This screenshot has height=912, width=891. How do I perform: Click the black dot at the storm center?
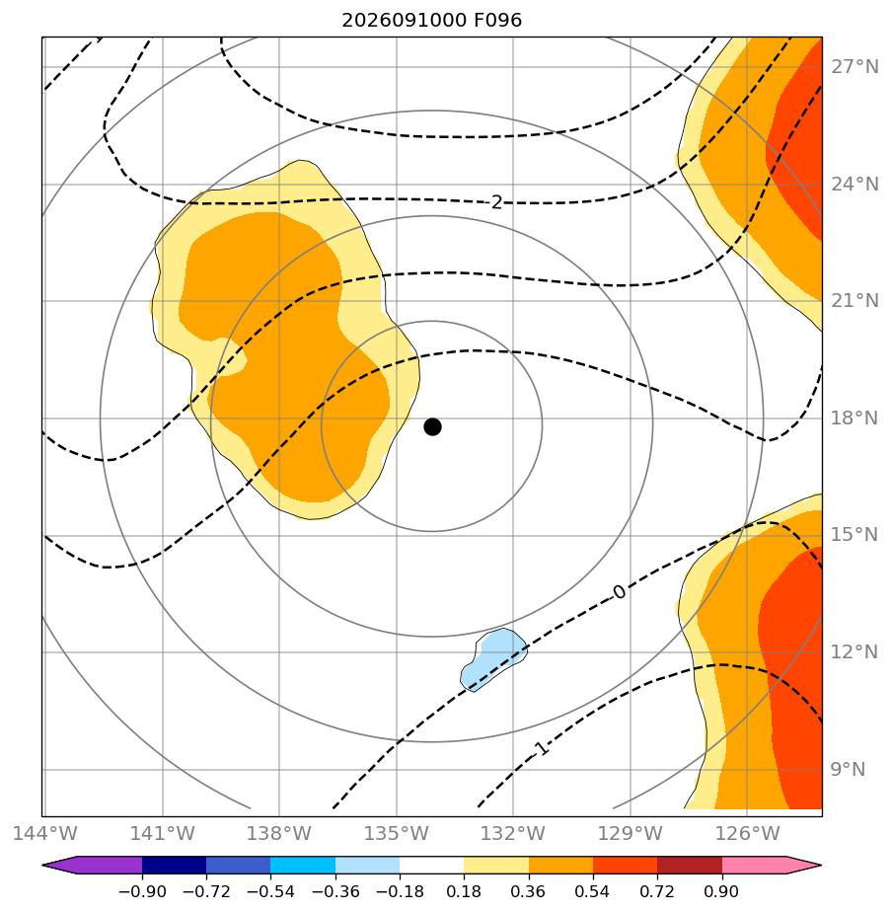(x=432, y=426)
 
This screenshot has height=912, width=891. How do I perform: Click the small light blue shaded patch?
(x=493, y=659)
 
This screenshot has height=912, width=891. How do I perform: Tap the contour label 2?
(x=496, y=202)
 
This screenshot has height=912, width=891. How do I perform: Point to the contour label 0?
(x=620, y=592)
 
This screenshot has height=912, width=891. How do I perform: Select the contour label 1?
(x=541, y=748)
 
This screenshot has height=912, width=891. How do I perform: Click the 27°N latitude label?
(x=854, y=67)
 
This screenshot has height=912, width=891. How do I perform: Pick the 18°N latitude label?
(x=854, y=418)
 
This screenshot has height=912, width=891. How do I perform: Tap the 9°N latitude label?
(x=848, y=769)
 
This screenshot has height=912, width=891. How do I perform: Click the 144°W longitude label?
(x=44, y=833)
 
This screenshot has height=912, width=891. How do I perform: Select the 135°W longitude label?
(x=396, y=833)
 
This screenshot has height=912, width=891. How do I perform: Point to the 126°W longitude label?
(x=747, y=833)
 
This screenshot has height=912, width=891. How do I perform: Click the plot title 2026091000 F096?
(x=431, y=21)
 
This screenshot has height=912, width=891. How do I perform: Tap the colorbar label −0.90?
(x=142, y=891)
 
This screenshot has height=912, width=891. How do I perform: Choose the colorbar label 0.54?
(x=593, y=891)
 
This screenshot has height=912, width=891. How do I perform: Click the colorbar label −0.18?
(x=400, y=891)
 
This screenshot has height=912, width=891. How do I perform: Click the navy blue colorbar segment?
(x=174, y=865)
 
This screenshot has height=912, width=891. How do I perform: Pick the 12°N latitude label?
(x=854, y=651)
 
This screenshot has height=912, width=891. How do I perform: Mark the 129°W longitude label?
(x=630, y=833)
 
